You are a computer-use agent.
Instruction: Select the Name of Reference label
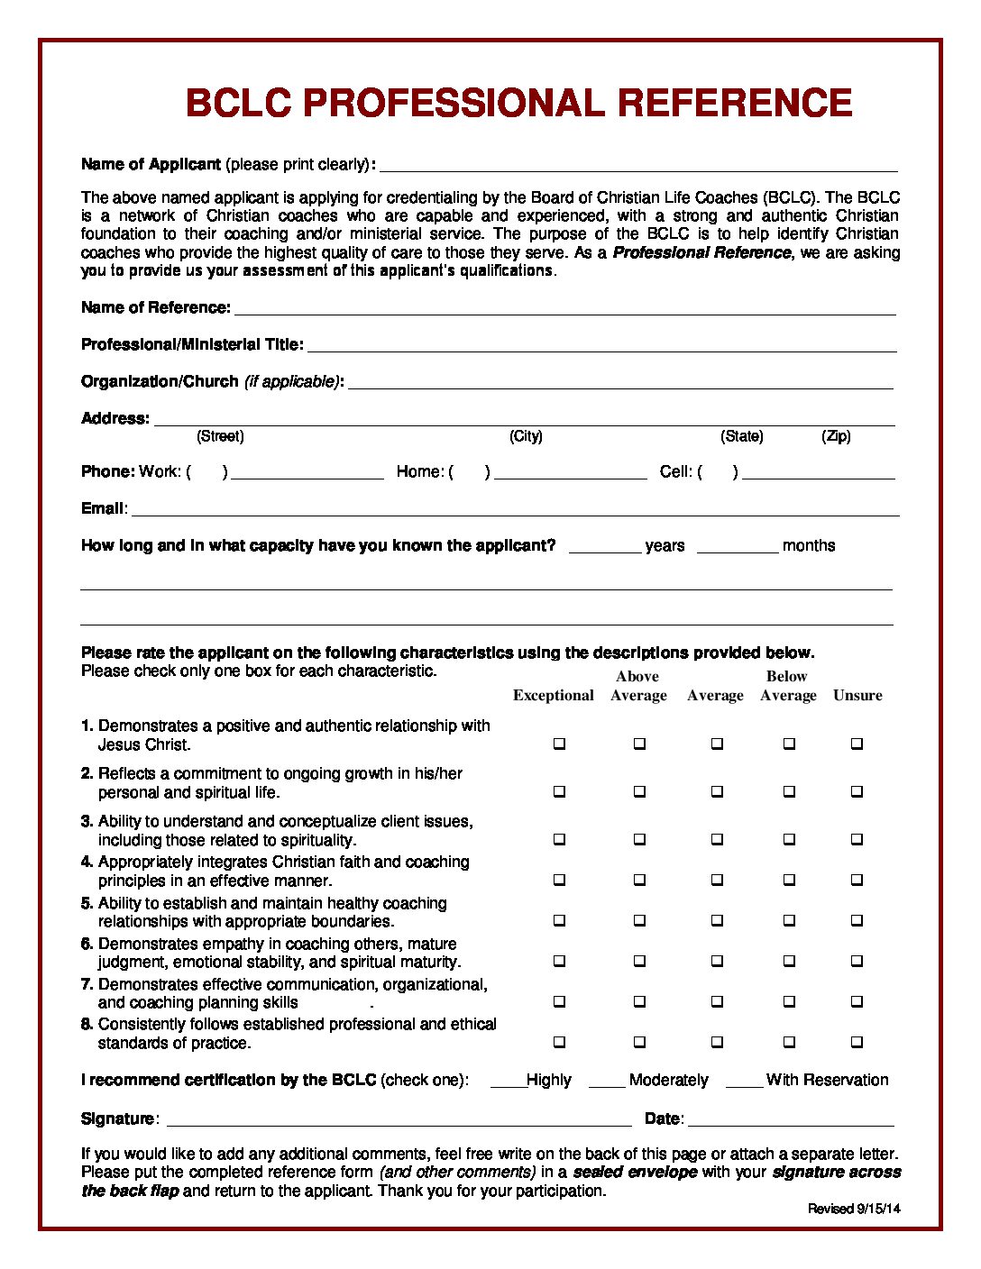coord(155,307)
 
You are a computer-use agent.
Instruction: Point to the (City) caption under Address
coord(526,436)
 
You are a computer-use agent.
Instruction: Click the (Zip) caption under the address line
coord(836,436)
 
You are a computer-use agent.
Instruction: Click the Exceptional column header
coord(553,695)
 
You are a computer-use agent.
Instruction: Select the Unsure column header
coord(857,695)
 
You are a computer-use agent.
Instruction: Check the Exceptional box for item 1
coord(559,744)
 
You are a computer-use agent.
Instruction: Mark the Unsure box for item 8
coord(857,1042)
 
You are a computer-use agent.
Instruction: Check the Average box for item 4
coord(716,879)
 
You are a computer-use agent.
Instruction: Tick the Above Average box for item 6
coord(639,961)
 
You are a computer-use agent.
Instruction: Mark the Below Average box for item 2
coord(789,791)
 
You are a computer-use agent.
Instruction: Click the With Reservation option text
coord(827,1080)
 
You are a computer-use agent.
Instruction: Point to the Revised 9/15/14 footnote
coord(853,1209)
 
